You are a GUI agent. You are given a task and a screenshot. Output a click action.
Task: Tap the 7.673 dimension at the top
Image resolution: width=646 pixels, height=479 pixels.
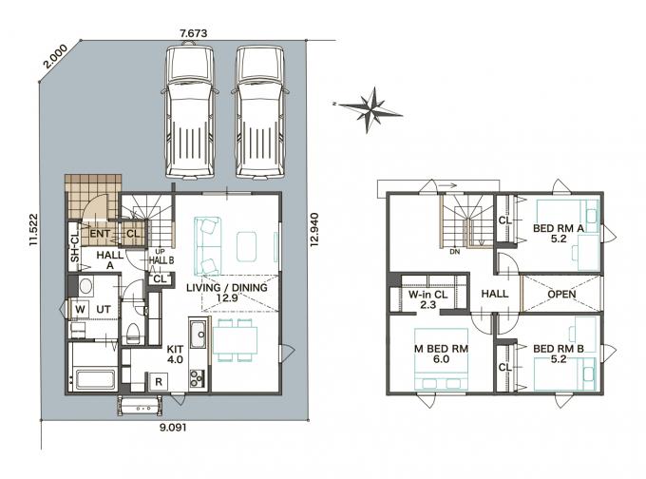coord(194,34)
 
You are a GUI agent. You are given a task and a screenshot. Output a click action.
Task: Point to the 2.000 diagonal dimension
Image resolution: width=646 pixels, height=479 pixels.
coord(56,56)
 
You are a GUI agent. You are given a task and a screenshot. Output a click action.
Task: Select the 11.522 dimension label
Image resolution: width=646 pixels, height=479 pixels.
coord(33,230)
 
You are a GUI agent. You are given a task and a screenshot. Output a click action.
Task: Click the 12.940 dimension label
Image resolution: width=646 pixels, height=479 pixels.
coord(314,229)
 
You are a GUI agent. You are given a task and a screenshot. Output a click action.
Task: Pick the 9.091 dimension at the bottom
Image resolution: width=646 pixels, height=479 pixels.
coord(173,428)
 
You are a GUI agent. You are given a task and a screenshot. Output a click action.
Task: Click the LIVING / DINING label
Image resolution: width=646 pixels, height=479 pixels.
coord(227,287)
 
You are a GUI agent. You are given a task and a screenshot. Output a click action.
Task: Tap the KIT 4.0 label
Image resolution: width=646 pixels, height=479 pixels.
coord(175,354)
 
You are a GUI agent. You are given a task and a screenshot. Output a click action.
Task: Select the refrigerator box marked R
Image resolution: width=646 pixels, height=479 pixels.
coord(159,382)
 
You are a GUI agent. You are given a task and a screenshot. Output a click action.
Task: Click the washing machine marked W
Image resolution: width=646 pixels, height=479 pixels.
coord(81,309)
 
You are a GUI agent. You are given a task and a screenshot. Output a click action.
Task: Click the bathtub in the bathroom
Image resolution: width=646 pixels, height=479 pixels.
coord(96,379)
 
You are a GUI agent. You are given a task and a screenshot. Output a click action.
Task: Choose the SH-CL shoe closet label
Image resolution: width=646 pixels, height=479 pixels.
coord(74,246)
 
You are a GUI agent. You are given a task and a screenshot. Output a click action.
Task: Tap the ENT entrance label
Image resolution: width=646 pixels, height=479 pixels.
coord(100,234)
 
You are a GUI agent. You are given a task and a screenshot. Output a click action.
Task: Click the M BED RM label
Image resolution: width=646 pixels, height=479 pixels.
coord(441,349)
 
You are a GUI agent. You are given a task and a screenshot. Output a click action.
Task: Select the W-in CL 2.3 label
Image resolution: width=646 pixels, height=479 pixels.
coord(428,299)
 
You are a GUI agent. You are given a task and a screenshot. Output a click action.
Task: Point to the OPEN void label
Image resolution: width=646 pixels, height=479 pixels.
coord(562,295)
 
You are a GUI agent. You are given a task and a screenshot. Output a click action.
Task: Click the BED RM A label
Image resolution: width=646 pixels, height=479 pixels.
coord(559,228)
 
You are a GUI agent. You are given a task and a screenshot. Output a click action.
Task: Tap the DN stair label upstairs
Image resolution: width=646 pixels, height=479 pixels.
coord(455,252)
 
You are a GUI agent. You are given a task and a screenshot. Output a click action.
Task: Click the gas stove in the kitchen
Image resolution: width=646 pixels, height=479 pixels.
coord(197,378)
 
